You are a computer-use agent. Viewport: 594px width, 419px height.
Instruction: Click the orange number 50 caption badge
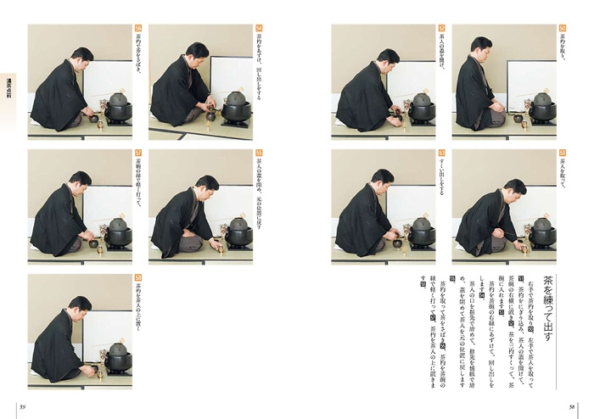point(562,28)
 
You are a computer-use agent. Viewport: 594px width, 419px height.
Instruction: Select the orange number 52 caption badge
point(441,28)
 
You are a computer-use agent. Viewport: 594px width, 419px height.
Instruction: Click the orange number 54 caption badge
point(258,28)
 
